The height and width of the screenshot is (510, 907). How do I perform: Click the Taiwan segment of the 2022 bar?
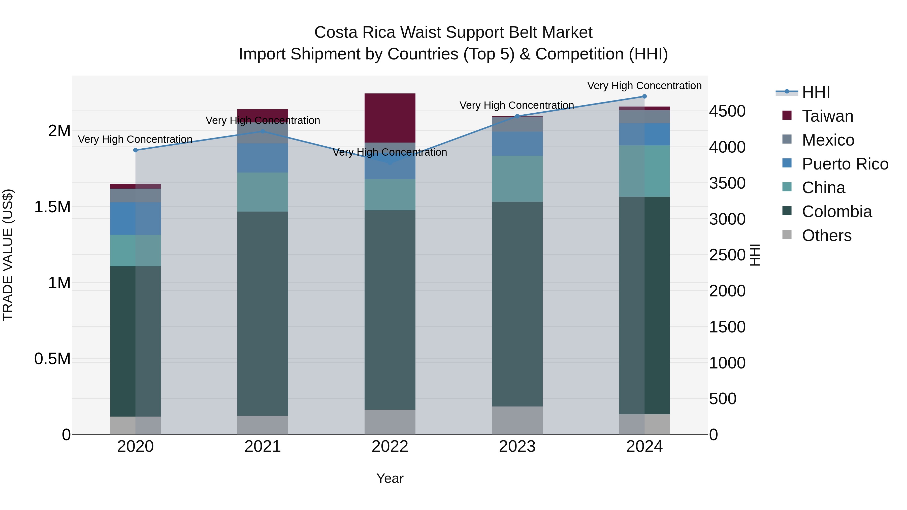390,118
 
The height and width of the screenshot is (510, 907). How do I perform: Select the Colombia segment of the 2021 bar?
263,313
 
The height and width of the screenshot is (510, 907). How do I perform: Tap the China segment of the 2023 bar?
517,179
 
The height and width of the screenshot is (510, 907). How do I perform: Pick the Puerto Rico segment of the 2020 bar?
136,218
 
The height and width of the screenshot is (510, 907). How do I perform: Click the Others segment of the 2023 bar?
517,420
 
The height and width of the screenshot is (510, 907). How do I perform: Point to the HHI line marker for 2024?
644,96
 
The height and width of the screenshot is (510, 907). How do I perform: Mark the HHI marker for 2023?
517,116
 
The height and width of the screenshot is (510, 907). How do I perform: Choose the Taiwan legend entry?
827,116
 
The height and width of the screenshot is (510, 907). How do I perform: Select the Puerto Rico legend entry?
845,164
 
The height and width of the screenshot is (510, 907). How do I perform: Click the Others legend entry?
826,235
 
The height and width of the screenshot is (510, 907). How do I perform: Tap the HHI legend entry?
816,92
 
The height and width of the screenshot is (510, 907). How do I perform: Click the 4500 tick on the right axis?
727,111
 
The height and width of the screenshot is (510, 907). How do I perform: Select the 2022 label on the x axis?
390,447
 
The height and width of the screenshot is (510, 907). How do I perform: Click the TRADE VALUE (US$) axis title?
8,255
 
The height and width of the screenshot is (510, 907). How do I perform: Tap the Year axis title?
390,478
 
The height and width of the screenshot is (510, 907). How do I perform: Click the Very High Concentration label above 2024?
644,86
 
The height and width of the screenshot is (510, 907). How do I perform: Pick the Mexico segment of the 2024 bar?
644,117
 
